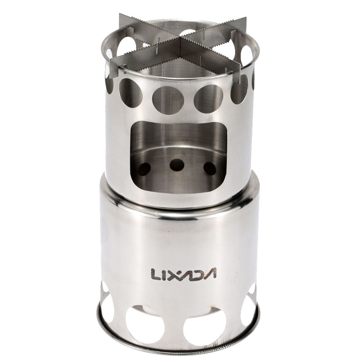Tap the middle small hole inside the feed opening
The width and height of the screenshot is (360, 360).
pos(177,165)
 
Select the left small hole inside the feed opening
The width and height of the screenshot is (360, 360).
pos(144,168)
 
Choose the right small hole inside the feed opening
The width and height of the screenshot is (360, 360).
pos(210,168)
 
